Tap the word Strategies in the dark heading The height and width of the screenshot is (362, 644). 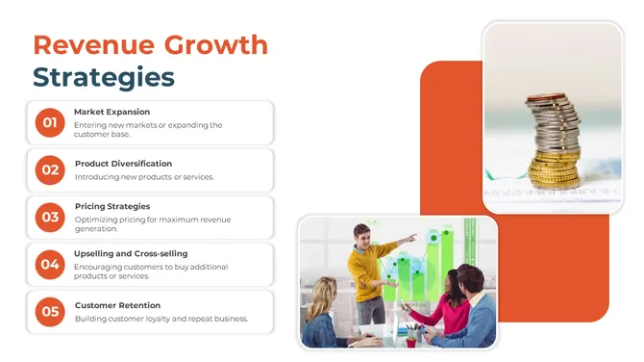tap(104, 77)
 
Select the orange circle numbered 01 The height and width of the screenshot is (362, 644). tap(49, 122)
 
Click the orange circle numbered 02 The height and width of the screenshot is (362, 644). tap(49, 169)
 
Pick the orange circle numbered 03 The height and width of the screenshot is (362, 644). tap(49, 217)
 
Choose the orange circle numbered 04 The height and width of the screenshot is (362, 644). tap(49, 264)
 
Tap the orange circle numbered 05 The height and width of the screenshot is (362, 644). tap(49, 311)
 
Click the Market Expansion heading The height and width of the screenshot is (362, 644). tap(111, 112)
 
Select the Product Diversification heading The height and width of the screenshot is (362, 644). tap(123, 164)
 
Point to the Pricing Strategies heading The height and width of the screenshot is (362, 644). tap(112, 206)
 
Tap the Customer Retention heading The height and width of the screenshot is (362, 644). tap(116, 305)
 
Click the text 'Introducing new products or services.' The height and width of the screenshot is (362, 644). tap(144, 177)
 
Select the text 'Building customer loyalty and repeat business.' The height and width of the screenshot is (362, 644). tap(161, 319)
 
